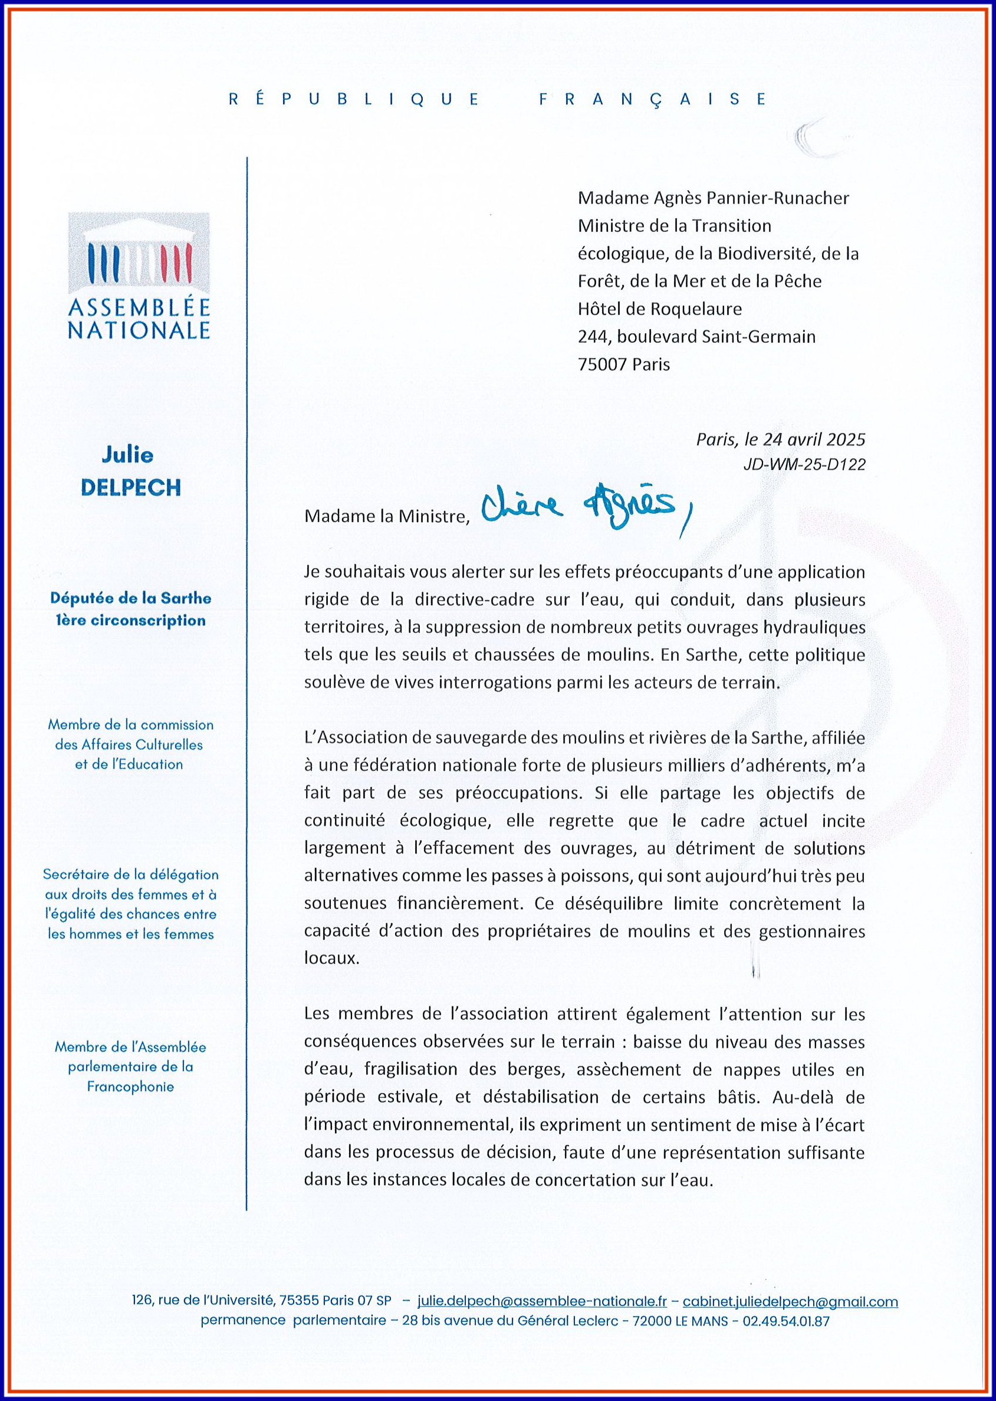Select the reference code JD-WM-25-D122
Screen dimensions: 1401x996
(x=804, y=464)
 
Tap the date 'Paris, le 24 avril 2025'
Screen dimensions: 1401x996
(x=780, y=439)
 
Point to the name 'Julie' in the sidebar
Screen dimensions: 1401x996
(x=127, y=455)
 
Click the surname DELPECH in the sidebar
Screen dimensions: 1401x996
(x=131, y=488)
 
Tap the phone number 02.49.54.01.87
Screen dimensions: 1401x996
(x=785, y=1321)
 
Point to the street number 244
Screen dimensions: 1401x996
(x=593, y=337)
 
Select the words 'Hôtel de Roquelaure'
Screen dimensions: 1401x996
(x=659, y=309)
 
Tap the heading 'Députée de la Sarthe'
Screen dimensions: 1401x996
(x=131, y=598)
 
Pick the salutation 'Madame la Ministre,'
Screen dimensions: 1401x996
(x=386, y=517)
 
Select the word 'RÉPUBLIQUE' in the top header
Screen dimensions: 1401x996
(x=354, y=99)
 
